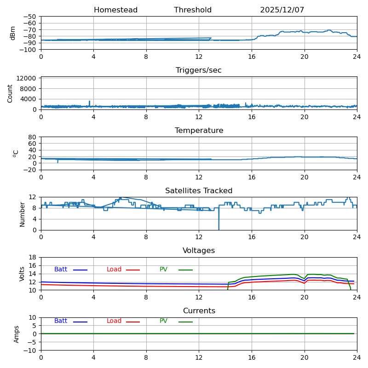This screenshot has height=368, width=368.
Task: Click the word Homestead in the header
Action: (x=116, y=10)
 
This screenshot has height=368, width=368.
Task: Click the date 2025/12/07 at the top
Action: (x=282, y=10)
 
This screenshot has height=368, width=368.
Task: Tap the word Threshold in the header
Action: (x=193, y=10)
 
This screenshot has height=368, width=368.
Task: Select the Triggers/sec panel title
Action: (x=199, y=70)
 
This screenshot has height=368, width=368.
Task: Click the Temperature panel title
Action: (x=199, y=131)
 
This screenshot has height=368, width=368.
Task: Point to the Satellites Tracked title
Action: (x=199, y=190)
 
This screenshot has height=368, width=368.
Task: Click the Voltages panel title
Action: (x=199, y=251)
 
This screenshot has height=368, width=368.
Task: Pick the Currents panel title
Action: (x=199, y=311)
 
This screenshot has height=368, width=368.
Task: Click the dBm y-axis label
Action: (x=12, y=33)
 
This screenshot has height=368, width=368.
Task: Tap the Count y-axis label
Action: (x=10, y=94)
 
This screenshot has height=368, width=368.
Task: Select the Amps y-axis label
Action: (x=16, y=334)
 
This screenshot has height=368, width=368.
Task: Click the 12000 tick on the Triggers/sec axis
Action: (x=26, y=78)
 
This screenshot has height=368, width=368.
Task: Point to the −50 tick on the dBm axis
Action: (x=29, y=17)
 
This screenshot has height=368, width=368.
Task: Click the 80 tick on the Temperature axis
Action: (x=32, y=137)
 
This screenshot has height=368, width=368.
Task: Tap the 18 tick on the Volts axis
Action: (x=32, y=257)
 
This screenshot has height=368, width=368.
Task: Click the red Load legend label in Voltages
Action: (x=114, y=269)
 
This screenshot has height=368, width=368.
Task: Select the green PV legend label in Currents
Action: (x=164, y=321)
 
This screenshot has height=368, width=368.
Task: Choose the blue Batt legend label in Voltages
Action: (x=61, y=269)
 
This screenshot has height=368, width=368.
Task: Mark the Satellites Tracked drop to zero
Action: (x=219, y=230)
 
